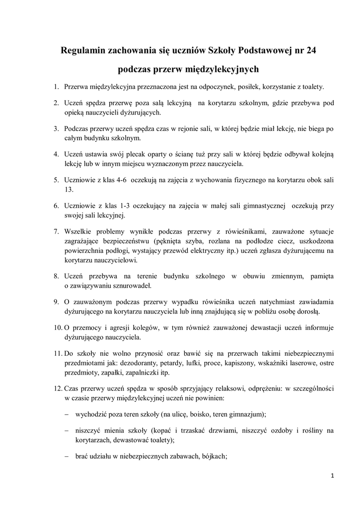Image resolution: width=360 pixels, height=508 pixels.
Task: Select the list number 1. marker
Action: point(57,87)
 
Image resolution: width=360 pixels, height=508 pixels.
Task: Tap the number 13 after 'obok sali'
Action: point(69,190)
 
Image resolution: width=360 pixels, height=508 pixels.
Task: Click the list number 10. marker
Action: point(57,328)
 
